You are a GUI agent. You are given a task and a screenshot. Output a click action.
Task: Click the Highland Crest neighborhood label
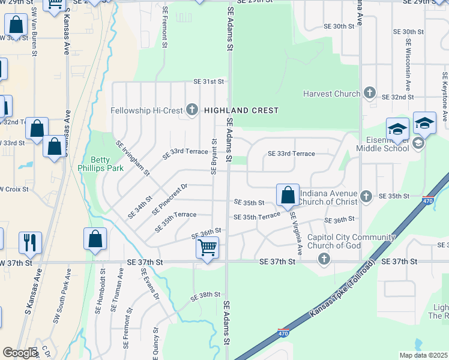coord(241,110)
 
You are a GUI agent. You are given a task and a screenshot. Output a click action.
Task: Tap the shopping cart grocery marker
coord(207,247)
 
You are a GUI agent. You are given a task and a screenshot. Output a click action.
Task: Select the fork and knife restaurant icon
coord(30,242)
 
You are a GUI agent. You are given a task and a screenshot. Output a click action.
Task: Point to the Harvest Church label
coord(331,94)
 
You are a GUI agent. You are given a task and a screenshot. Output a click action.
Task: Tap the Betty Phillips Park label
coord(107,164)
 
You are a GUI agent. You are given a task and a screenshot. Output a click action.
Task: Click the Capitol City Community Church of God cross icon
coord(324,259)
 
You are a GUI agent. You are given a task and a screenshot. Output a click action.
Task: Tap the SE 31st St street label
coord(208,82)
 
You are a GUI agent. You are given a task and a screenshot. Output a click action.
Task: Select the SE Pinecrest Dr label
coord(170,199)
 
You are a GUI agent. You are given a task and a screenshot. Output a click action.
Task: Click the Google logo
coord(20,353)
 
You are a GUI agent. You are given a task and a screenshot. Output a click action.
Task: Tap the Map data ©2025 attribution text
coord(423,355)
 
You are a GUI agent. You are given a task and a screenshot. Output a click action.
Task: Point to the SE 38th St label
coord(206,295)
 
